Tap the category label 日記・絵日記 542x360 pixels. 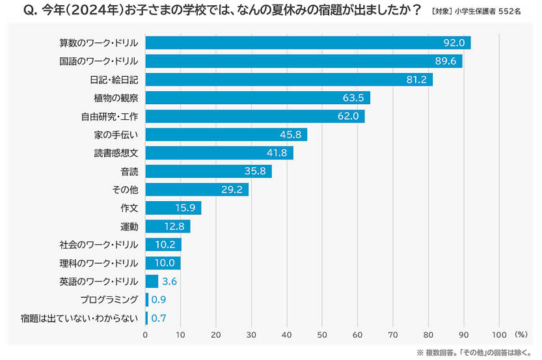(114, 79)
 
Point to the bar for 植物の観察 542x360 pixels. (257, 98)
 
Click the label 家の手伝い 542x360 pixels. (116, 135)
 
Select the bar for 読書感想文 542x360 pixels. (219, 153)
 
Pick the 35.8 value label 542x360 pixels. (256, 171)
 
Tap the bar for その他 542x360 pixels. (196, 189)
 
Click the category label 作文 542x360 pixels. (129, 208)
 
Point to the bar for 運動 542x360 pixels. (167, 227)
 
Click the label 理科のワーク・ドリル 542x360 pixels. (98, 263)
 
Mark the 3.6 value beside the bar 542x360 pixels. (169, 281)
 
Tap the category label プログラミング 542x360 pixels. (109, 300)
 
